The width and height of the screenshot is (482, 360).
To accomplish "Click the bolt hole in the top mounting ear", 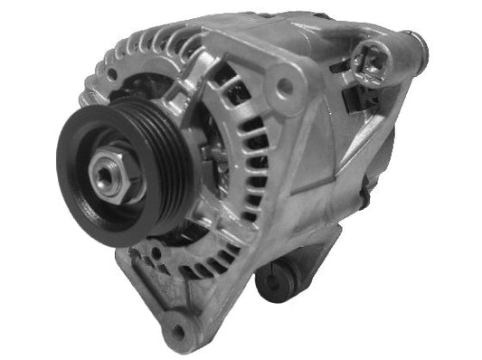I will pos(287,87).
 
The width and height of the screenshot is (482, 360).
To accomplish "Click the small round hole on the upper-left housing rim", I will pos(109,68).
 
